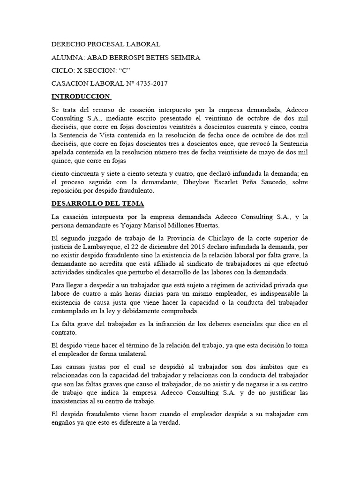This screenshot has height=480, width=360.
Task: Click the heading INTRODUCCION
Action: (80, 97)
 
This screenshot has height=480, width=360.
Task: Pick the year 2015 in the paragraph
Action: (176, 247)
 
